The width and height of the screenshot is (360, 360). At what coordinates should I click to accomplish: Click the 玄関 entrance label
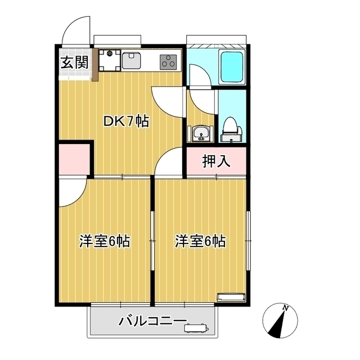click(75, 62)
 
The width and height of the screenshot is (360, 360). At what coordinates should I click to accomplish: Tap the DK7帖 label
click(125, 121)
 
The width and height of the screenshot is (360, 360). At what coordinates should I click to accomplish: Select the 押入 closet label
click(216, 163)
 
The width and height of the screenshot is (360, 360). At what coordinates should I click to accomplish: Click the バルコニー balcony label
click(152, 322)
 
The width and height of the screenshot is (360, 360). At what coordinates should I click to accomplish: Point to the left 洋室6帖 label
click(105, 241)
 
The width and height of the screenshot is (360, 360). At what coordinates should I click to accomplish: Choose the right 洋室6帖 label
click(200, 241)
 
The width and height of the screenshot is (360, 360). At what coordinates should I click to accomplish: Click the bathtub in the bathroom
click(232, 67)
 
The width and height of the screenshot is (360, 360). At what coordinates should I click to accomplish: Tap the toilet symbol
click(231, 128)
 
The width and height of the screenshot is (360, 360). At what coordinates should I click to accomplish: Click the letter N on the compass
click(286, 308)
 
